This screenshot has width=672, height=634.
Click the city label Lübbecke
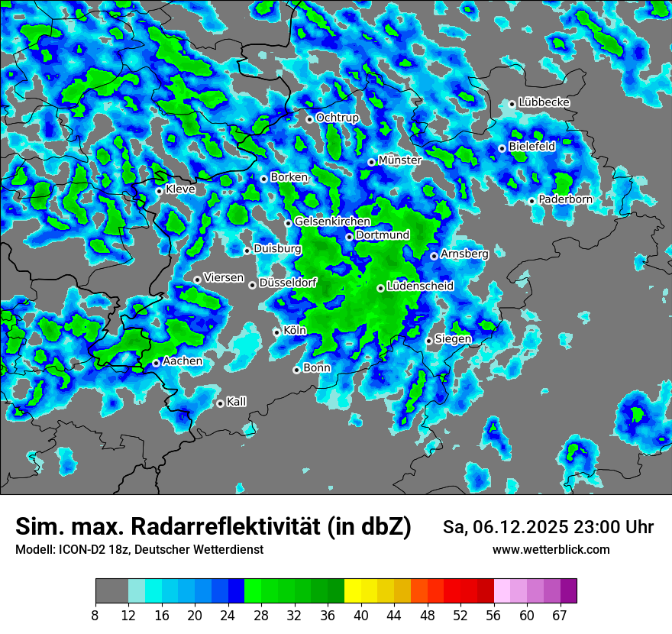[544, 102]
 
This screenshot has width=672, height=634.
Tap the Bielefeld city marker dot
[502, 148]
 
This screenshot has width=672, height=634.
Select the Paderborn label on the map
[565, 199]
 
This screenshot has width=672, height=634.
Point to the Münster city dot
[371, 162]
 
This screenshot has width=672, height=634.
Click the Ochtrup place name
[337, 118]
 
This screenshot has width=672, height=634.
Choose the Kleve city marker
[159, 191]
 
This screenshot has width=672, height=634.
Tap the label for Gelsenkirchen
[332, 222]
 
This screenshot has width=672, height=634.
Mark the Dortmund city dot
[349, 237]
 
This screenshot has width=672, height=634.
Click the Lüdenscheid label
[420, 286]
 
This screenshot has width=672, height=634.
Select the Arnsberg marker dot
[434, 256]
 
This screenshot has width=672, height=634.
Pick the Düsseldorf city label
[288, 283]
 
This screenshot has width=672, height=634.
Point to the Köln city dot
[276, 332]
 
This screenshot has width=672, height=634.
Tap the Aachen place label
[183, 361]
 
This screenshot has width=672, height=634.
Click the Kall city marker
[220, 403]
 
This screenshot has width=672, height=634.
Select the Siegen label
[453, 339]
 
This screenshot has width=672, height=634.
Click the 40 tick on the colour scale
[361, 615]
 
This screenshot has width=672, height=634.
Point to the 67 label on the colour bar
[560, 615]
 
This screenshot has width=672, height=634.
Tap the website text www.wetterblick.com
[551, 550]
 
